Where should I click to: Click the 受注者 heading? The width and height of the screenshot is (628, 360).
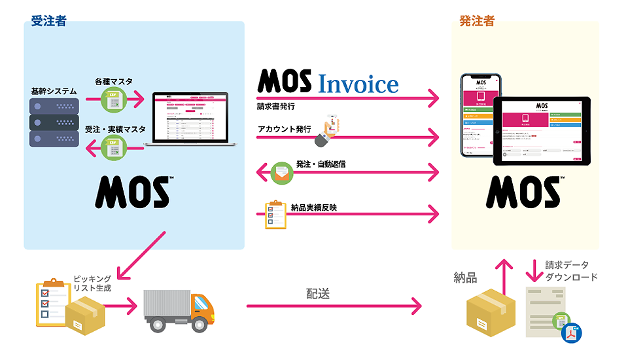click(48, 21)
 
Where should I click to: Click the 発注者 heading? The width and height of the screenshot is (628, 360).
click(476, 21)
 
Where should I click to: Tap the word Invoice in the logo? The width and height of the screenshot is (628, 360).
click(358, 84)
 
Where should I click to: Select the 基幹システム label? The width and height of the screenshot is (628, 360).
click(54, 90)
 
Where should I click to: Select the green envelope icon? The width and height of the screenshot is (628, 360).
click(282, 172)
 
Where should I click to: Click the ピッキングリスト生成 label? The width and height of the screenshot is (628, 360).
click(92, 283)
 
